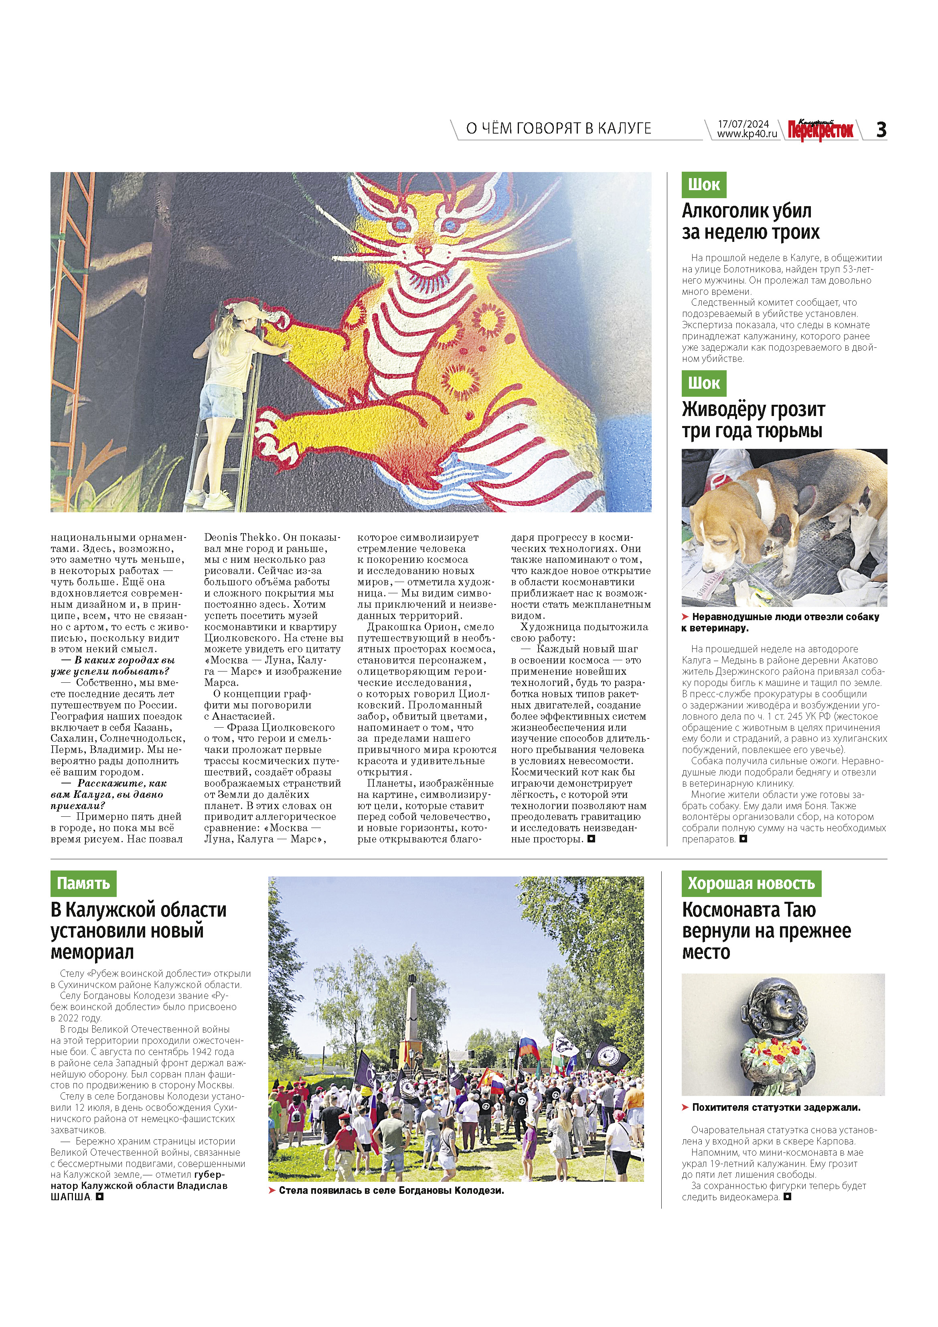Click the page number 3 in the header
tap(881, 130)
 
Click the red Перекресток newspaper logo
tap(820, 130)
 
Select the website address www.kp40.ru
tap(747, 134)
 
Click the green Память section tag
tap(83, 883)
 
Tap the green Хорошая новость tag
tap(751, 883)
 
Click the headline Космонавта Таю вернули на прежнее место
tap(766, 931)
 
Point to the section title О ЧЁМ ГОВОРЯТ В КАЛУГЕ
tap(558, 128)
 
